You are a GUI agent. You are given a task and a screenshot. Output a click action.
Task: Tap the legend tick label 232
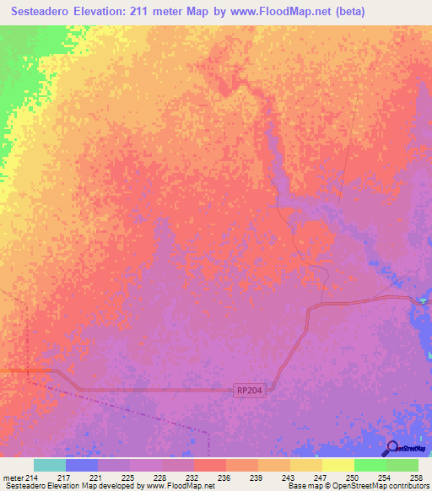(192, 478)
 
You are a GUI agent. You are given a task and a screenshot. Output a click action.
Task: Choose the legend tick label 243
(289, 478)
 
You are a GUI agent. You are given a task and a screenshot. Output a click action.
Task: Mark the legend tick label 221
(96, 478)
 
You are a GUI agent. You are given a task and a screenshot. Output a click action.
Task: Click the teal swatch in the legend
(49, 465)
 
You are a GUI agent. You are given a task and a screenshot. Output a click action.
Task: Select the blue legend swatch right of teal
(81, 465)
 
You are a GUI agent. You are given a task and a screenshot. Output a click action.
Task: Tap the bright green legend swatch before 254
(370, 465)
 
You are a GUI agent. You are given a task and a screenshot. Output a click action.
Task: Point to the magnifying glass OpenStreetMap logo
(391, 449)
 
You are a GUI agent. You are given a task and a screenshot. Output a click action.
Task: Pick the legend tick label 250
(353, 478)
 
